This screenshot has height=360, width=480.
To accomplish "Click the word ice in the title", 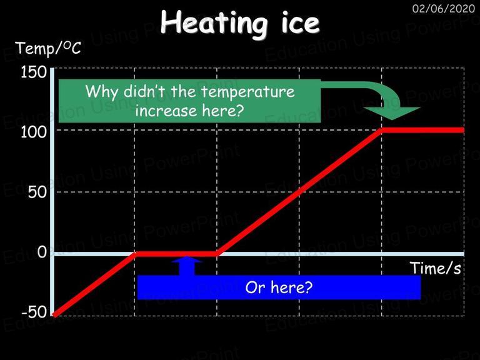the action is (x=300, y=22).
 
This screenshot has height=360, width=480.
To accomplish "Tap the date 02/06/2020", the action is (x=444, y=9).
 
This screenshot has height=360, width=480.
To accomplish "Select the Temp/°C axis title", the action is (x=48, y=48).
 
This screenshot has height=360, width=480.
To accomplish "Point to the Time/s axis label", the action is (x=435, y=268).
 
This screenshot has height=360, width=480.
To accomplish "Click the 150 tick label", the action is (x=33, y=72).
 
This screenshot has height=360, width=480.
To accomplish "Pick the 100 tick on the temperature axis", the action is (x=33, y=132).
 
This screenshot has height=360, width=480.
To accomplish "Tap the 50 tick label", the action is (x=37, y=192).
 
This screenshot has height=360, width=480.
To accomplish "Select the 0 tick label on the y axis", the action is (x=42, y=252).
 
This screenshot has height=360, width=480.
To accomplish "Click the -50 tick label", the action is (x=34, y=312).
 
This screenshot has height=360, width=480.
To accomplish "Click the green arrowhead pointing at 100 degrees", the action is (x=392, y=113).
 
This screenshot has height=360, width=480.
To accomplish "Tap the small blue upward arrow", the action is (x=187, y=266).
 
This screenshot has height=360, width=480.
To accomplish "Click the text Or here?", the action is (x=279, y=287).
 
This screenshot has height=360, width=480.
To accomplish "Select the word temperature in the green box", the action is (x=248, y=92).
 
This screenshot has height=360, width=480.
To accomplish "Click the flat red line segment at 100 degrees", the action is (x=422, y=130).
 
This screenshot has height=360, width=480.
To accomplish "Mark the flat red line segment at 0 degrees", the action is (x=176, y=254).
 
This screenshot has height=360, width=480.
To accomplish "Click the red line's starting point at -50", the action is (x=54, y=315).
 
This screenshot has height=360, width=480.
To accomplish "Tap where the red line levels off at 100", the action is (x=381, y=130).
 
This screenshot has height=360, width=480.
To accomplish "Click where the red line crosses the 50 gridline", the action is (x=299, y=192).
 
